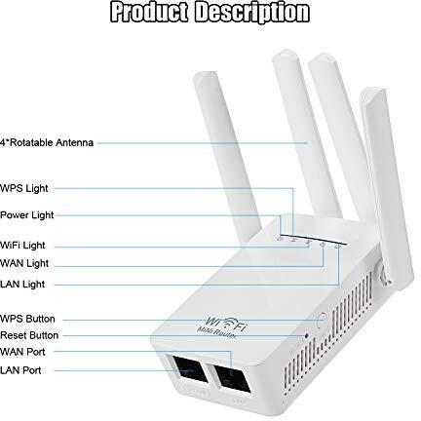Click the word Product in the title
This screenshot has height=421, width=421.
149,12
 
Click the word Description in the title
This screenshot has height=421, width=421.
252,13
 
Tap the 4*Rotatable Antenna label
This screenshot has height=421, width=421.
47,142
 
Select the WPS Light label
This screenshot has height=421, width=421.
24,188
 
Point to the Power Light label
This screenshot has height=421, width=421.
27,215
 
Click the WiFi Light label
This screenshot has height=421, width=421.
22,246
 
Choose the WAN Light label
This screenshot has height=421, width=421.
24,263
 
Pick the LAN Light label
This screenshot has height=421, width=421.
22,285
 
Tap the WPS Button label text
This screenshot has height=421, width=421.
27,319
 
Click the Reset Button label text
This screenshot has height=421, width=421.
29,335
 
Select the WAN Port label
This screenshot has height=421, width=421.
22,352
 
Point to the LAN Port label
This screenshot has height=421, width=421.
20,370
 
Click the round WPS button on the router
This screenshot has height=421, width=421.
322,320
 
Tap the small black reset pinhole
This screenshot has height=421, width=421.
306,334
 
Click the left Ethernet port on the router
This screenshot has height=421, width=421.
191,369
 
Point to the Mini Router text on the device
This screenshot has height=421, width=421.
217,332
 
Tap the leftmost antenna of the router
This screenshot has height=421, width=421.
227,159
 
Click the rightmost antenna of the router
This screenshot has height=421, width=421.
387,188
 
